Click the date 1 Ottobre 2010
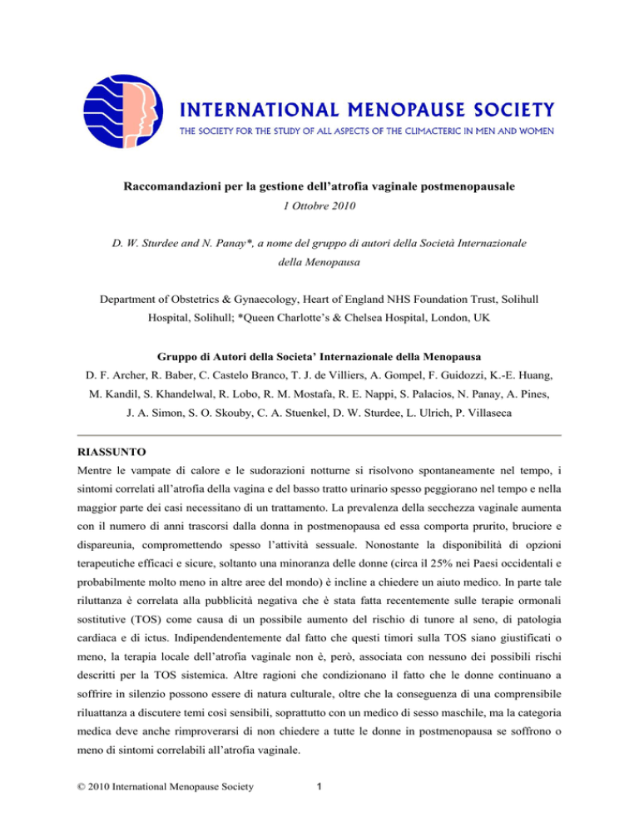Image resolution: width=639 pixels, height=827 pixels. (319, 210)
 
